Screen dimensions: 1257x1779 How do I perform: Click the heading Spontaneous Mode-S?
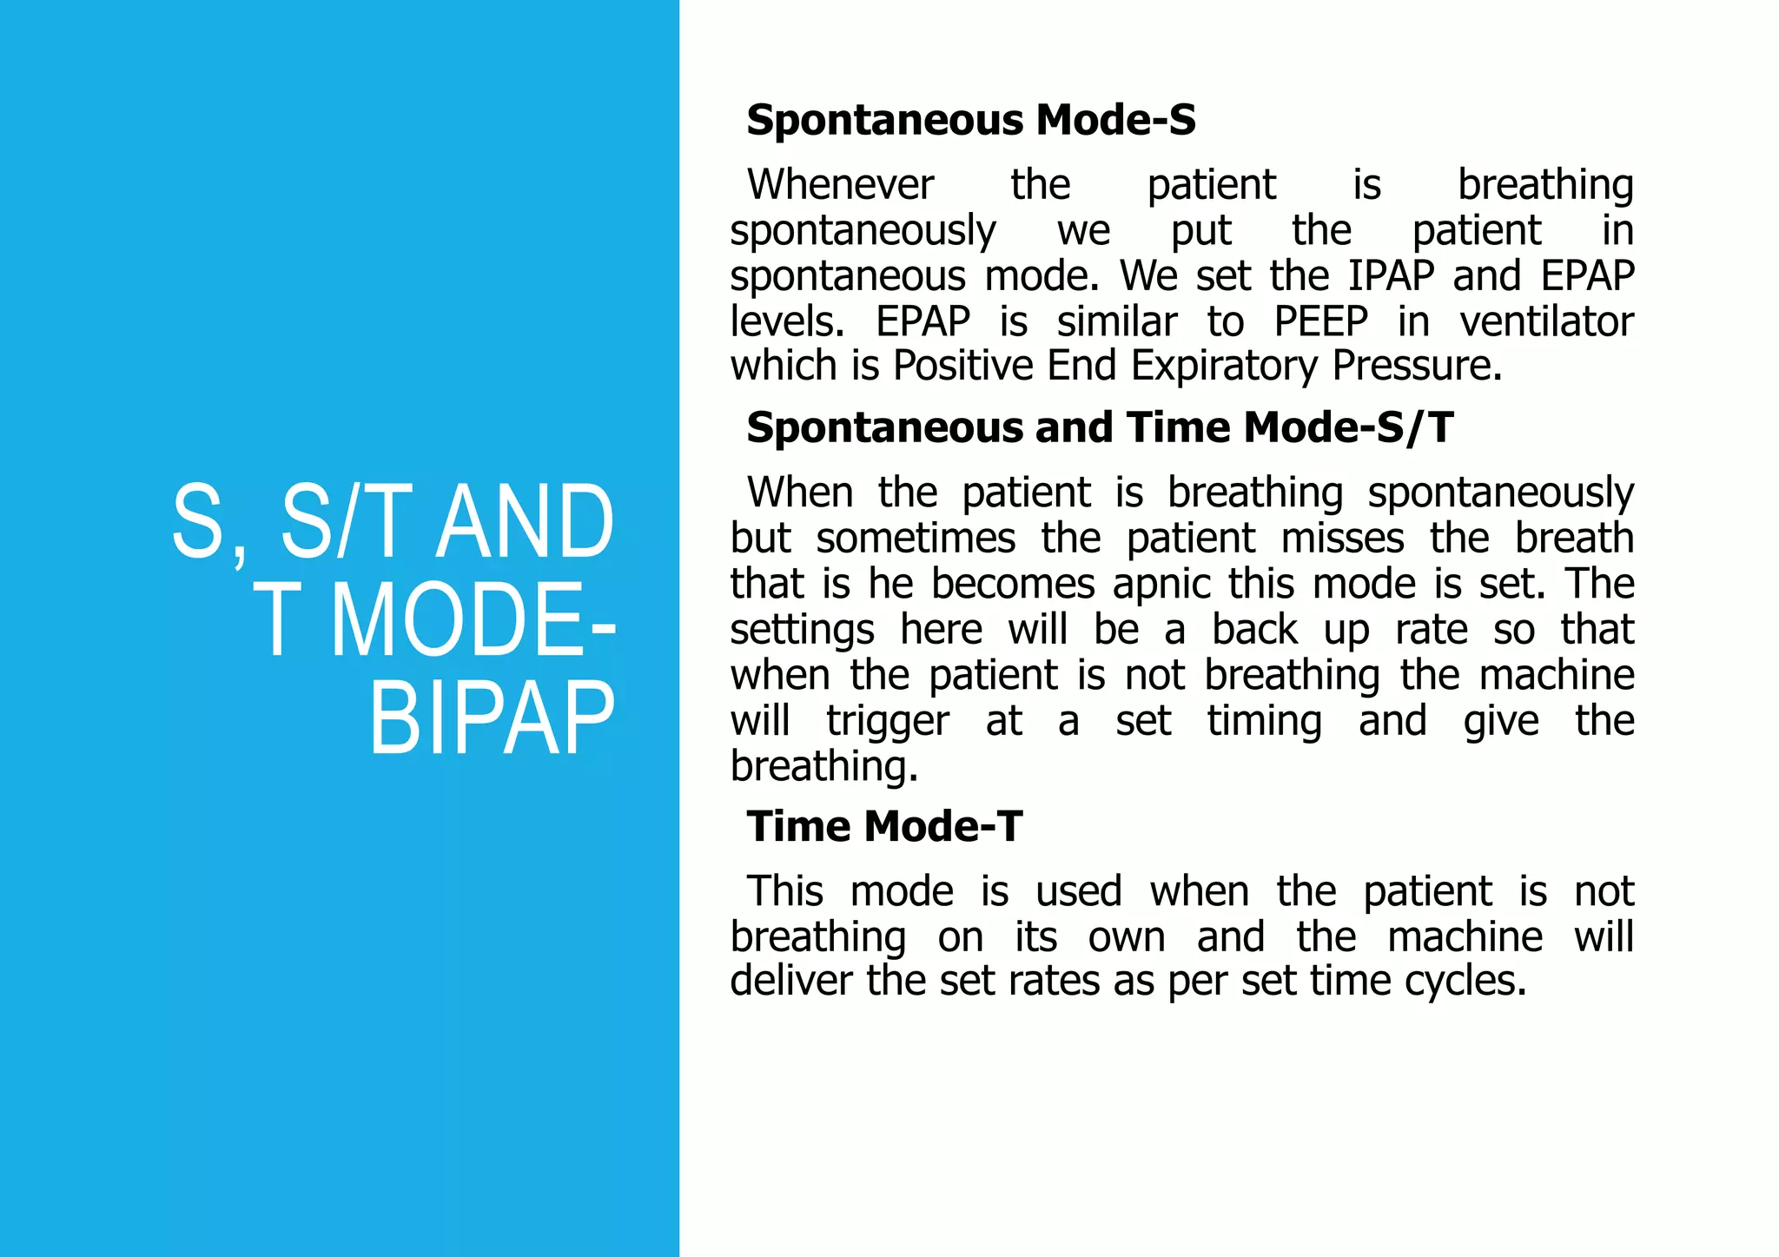(x=970, y=120)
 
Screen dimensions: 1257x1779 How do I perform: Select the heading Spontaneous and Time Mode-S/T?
(x=1099, y=427)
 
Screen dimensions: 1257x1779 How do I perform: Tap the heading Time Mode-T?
(x=884, y=826)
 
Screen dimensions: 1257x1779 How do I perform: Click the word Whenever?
(x=840, y=185)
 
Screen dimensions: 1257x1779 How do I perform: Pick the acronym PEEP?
(x=1320, y=321)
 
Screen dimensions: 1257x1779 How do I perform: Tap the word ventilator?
(x=1546, y=321)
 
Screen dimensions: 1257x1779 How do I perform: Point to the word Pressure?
(x=1417, y=366)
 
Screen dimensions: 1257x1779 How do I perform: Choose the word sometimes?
(x=916, y=539)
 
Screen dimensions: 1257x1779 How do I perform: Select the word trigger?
(x=887, y=722)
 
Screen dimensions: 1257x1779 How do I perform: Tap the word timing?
(x=1264, y=722)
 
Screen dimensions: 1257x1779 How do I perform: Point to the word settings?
(x=802, y=630)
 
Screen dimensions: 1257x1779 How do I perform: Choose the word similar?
(x=1116, y=321)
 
